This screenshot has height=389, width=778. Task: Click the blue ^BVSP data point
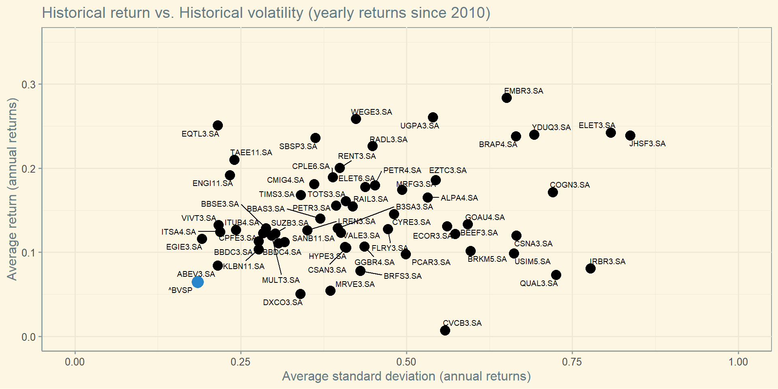coord(197,282)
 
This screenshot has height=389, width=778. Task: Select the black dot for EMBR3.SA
coord(507,98)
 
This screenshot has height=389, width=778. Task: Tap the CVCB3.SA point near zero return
coord(445,330)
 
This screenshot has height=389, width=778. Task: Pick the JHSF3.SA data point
coord(630,135)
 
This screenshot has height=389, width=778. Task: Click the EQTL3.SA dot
coord(218,125)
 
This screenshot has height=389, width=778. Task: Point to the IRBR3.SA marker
coord(590,268)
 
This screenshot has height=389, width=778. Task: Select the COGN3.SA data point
coord(553,192)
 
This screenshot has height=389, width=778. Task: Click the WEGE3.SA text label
coord(372,112)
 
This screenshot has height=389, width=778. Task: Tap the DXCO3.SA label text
coord(283,303)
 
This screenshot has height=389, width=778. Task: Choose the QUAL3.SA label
coord(539,284)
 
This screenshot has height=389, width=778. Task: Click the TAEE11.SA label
coord(251,153)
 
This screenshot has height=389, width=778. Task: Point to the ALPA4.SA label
coord(460,198)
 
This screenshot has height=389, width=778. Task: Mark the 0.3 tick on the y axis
coord(28,84)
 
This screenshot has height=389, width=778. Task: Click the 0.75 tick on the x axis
coord(572,362)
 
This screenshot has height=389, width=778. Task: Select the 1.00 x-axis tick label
coord(738,362)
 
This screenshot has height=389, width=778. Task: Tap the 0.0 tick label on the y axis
coord(28,337)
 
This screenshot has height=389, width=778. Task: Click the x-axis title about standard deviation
coord(406,376)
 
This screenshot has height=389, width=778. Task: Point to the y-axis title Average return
coord(12,189)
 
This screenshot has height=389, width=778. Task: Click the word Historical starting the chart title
coord(75,13)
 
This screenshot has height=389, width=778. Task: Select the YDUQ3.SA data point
coord(534,135)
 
